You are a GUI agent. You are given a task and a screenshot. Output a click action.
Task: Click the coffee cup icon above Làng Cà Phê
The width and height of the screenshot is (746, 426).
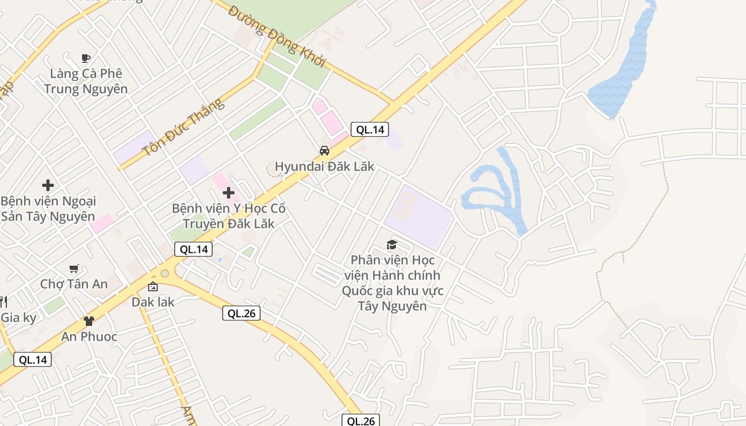[85, 58]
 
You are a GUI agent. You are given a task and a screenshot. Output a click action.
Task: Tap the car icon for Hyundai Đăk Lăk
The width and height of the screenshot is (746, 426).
[324, 151]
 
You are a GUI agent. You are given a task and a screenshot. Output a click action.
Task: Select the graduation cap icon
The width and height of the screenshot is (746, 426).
[392, 245]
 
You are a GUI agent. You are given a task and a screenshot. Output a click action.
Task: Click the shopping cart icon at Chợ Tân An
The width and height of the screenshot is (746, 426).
[74, 269]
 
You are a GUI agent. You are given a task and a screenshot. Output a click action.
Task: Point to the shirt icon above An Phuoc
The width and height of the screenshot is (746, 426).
[89, 321]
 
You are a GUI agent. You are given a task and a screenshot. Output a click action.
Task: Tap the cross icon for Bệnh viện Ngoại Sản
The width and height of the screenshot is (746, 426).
[48, 185]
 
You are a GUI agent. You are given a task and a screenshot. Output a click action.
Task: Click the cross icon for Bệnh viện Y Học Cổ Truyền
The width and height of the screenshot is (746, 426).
[229, 192]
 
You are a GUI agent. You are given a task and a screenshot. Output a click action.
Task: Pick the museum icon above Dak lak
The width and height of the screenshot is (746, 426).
[153, 287]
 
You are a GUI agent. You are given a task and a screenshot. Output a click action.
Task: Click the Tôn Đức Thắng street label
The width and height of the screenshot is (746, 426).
[184, 127]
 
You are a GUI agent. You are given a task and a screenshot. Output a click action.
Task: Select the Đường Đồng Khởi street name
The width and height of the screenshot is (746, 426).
[277, 36]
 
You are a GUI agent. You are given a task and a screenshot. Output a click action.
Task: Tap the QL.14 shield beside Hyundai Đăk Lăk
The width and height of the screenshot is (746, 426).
[370, 129]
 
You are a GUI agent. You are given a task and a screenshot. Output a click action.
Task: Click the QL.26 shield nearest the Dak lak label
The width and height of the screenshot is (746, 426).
[241, 314]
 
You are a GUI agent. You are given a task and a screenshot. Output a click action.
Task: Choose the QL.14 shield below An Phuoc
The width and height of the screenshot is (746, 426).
[33, 359]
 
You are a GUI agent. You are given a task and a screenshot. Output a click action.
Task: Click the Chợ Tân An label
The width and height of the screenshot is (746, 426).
[74, 284]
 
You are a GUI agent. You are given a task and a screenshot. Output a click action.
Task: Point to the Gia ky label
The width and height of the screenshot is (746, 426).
[19, 318]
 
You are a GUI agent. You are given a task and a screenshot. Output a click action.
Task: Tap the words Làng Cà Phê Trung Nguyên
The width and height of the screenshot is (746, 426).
[86, 81]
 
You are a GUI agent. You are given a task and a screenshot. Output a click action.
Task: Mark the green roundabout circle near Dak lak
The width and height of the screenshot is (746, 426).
[164, 274]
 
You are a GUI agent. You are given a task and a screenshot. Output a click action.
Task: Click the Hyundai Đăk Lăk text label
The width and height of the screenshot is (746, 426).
[325, 166]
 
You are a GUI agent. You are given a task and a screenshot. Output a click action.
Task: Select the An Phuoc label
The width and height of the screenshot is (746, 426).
[89, 337]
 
